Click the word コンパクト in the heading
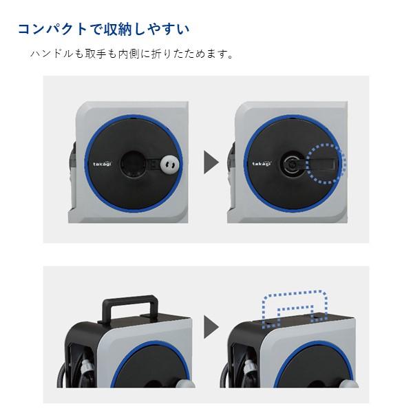pos(52,30)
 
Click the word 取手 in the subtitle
pos(94,54)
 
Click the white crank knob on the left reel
pos(169,165)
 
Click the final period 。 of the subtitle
pos(230,56)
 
